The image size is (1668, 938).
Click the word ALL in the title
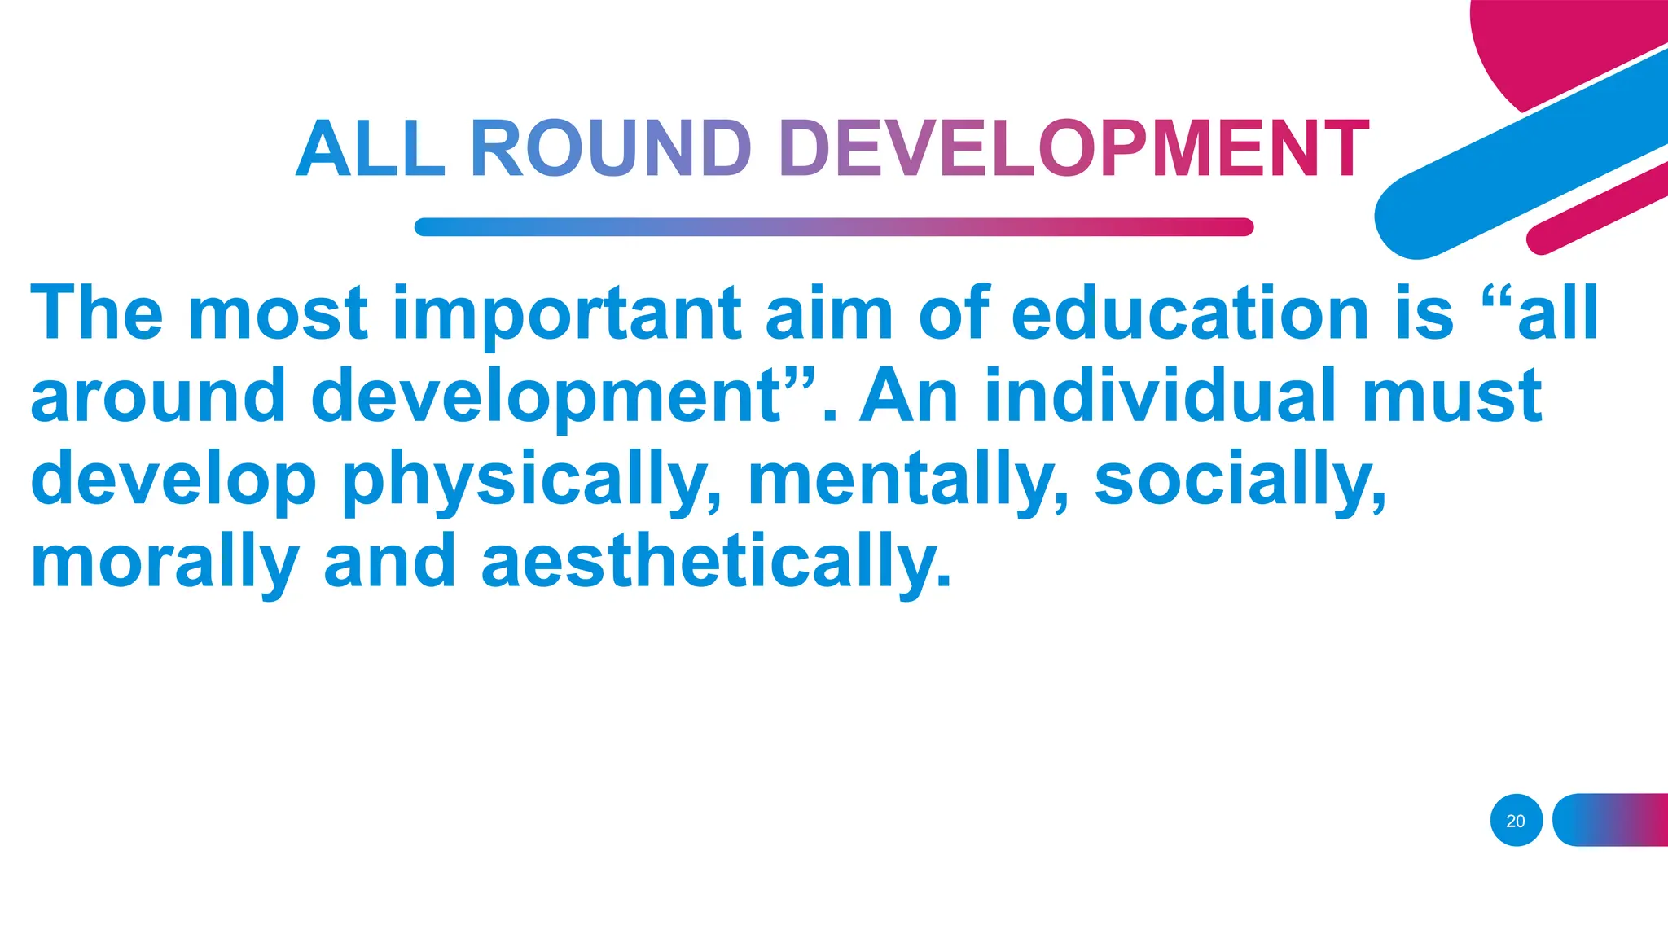[371, 149]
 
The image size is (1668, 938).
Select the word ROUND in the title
[611, 149]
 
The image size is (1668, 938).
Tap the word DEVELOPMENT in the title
[1074, 149]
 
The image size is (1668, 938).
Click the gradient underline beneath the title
[833, 227]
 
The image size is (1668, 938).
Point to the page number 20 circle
[1516, 820]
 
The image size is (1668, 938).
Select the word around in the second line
[158, 397]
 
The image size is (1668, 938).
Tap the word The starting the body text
[97, 314]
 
